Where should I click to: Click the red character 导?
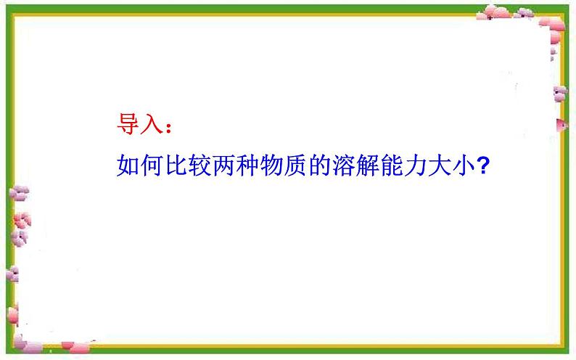click(x=128, y=124)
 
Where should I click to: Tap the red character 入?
click(x=152, y=124)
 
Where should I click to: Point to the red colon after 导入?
click(x=168, y=128)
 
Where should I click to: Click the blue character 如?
click(x=128, y=165)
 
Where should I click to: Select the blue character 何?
click(x=152, y=165)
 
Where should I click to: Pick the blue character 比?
click(x=176, y=165)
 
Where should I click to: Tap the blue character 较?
click(x=199, y=165)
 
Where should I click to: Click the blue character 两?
click(x=223, y=165)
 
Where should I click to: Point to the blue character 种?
click(x=247, y=165)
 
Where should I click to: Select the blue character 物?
click(x=271, y=165)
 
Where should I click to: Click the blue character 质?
click(x=295, y=165)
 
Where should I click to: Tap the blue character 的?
click(x=319, y=165)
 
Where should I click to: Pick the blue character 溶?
click(x=343, y=165)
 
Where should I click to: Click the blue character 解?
click(x=367, y=165)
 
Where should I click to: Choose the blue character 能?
click(x=391, y=165)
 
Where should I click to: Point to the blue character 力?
click(x=415, y=165)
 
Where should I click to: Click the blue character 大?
click(x=439, y=165)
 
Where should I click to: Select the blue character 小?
click(x=463, y=165)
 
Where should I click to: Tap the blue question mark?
click(x=482, y=165)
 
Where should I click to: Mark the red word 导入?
click(x=140, y=124)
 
